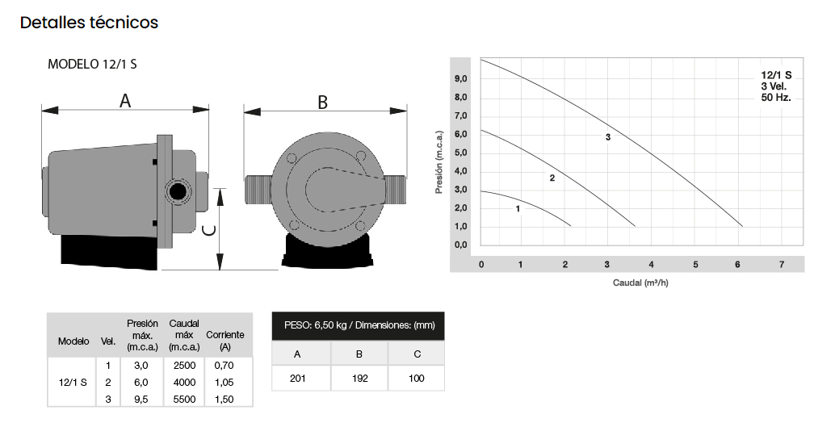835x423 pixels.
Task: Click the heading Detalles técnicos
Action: pyautogui.click(x=89, y=23)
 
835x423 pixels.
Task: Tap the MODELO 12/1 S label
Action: pyautogui.click(x=92, y=64)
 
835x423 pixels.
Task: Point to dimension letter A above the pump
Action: pyautogui.click(x=124, y=101)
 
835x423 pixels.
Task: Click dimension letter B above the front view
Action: pyautogui.click(x=323, y=103)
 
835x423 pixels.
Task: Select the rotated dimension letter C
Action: pyautogui.click(x=210, y=230)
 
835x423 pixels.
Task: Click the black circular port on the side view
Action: pyautogui.click(x=177, y=191)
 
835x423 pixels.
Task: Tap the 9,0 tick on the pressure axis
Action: pyautogui.click(x=460, y=79)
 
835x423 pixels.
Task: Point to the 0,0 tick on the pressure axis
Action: pyautogui.click(x=460, y=245)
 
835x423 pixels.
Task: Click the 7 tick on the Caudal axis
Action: pyautogui.click(x=782, y=265)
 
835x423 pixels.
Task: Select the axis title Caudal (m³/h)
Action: pyautogui.click(x=640, y=283)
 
